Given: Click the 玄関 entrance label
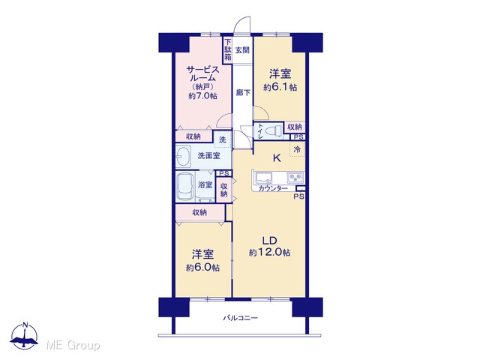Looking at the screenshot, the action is coord(242,50).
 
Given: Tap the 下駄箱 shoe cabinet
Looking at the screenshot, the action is coord(227,50).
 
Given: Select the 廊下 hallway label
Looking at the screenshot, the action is coord(243,92).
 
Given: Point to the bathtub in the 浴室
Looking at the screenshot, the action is coord(185,187).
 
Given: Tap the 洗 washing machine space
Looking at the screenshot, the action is coord(223,139).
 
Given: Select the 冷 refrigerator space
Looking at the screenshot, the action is coord(297,149).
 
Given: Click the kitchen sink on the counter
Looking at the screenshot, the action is coord(264,178).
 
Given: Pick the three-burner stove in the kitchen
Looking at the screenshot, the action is coord(295,177).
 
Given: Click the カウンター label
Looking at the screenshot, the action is coord(273,188).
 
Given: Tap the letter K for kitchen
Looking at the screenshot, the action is coord(277,158).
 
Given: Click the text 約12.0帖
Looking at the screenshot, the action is coord(270,253).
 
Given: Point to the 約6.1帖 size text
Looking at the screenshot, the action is coord(280,88).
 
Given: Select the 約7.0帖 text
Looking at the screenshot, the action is coord(202,96).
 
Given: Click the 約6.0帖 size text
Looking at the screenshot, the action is coord(202,268).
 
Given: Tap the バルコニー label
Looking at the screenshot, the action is coord(240,318).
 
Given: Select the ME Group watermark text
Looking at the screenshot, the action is coord(73,346).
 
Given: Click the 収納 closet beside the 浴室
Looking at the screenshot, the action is coord(223,190).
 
